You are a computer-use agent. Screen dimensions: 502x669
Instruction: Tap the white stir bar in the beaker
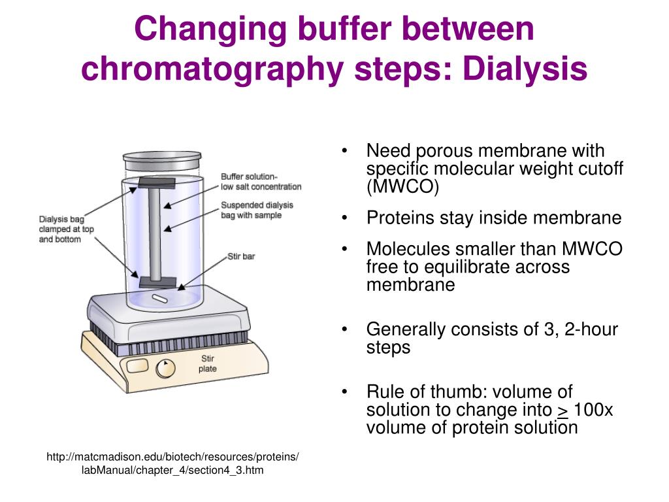click(161, 299)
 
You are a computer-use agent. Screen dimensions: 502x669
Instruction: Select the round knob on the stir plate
click(165, 369)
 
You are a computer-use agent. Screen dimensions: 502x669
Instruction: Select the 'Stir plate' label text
click(207, 364)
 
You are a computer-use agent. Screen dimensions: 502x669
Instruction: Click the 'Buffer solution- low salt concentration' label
click(261, 181)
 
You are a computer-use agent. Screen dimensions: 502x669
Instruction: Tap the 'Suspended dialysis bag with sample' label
click(257, 210)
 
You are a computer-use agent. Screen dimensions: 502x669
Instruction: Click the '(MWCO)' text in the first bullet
click(403, 187)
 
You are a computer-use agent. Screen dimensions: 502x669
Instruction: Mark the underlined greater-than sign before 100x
click(562, 410)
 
